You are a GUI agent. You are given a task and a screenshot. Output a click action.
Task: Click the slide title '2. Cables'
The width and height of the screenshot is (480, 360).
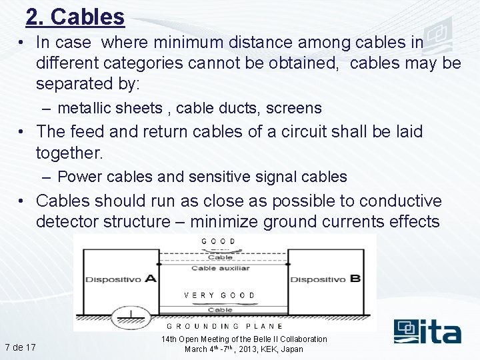pyautogui.click(x=75, y=17)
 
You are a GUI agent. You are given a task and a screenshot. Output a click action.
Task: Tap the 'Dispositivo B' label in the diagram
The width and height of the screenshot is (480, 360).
pyautogui.click(x=325, y=279)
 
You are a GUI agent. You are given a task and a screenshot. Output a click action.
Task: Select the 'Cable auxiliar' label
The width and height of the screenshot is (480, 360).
pyautogui.click(x=220, y=268)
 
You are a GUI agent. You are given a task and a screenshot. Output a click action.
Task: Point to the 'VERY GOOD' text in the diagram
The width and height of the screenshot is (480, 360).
pyautogui.click(x=219, y=295)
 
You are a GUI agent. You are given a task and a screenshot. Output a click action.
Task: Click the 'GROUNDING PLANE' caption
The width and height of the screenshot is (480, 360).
pyautogui.click(x=224, y=327)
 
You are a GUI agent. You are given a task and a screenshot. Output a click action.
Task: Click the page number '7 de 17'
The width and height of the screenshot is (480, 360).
pyautogui.click(x=20, y=347)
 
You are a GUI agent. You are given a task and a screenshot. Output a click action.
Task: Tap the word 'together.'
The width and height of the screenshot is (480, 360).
pyautogui.click(x=69, y=153)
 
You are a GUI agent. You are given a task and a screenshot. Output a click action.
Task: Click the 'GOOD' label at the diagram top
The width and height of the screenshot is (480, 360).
pyautogui.click(x=218, y=241)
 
